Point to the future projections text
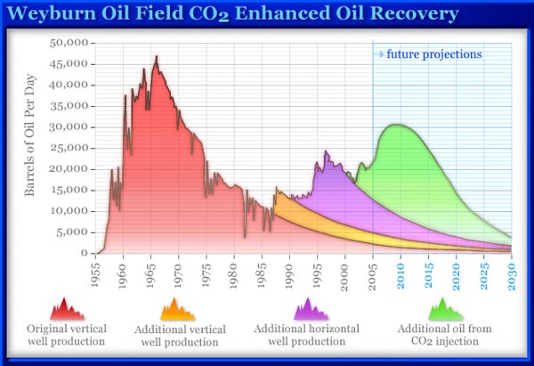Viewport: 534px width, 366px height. coord(434,53)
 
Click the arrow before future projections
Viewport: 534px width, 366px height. coord(378,54)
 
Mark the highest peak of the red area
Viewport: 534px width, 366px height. coord(157,57)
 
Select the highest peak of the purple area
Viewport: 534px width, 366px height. coord(326,152)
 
